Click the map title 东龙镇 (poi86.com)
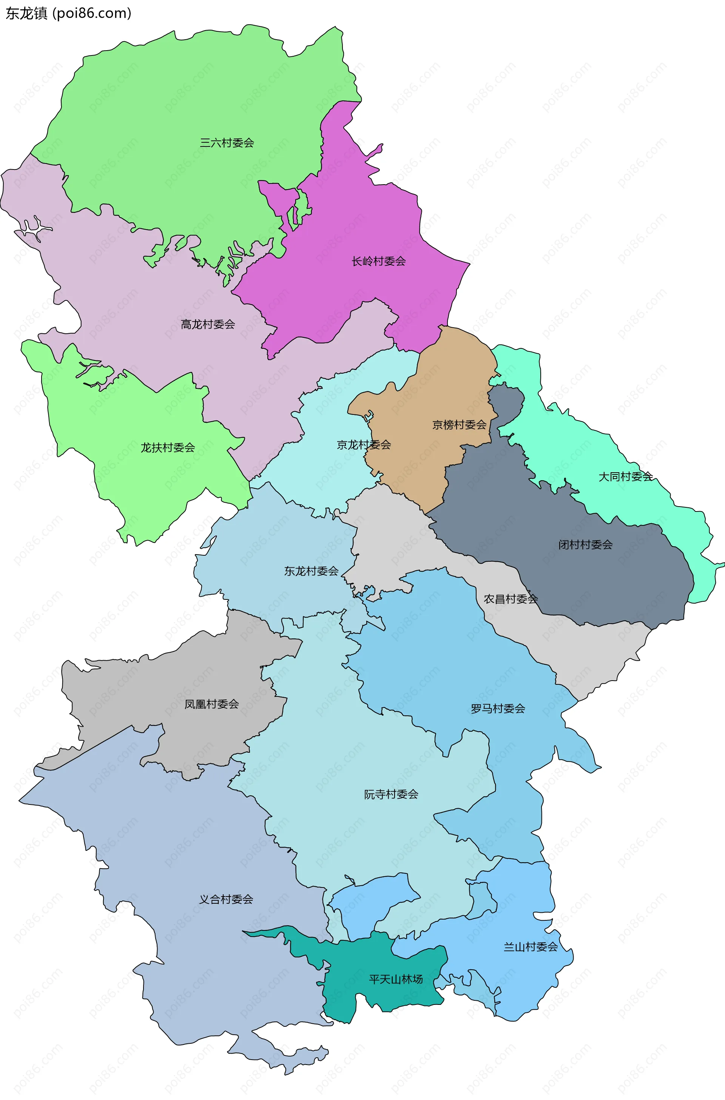[68, 14]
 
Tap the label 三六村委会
[227, 143]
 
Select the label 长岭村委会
[378, 262]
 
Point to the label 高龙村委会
[208, 325]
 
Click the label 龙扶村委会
[168, 447]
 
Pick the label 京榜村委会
[459, 425]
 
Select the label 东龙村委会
[311, 571]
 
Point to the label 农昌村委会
[511, 599]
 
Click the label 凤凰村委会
[211, 704]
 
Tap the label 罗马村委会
[498, 709]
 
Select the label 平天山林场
[396, 979]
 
